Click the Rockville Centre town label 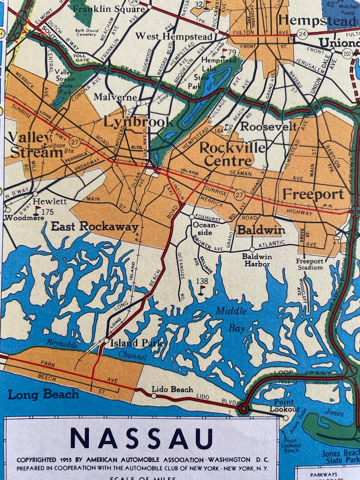(x=226, y=154)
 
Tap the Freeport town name (x=313, y=194)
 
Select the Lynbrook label (x=138, y=121)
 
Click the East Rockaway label (x=94, y=226)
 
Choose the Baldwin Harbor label (x=257, y=260)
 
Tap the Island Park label (x=136, y=343)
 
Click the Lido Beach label (x=172, y=389)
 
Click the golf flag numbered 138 (x=202, y=288)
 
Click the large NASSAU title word (x=141, y=438)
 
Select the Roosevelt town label (x=268, y=126)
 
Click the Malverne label (x=115, y=97)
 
